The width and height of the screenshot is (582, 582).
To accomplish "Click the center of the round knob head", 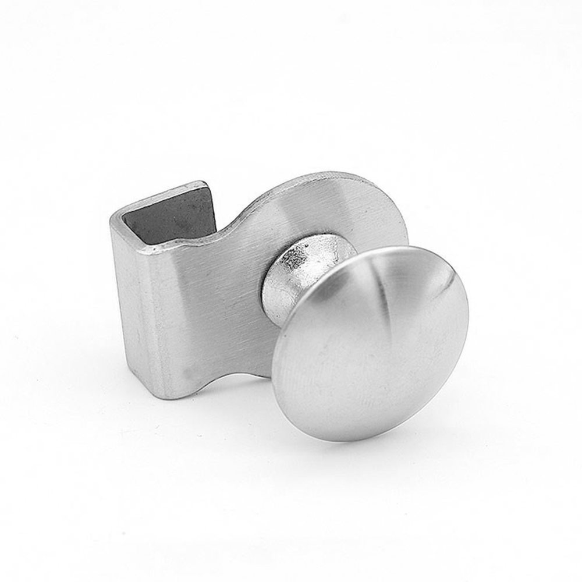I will [371, 343].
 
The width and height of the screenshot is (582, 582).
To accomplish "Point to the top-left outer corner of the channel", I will [112, 219].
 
